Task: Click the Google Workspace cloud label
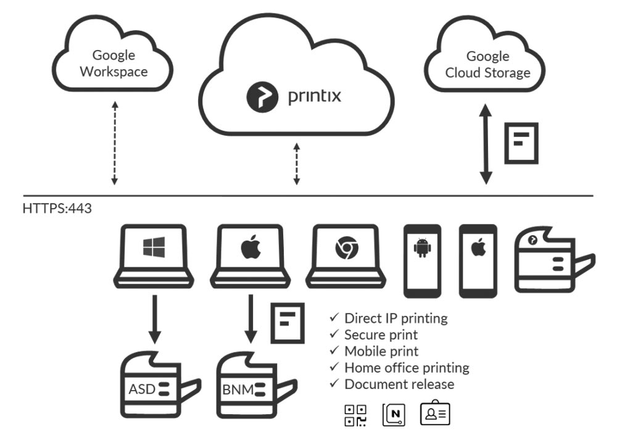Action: click(114, 63)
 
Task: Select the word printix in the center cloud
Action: click(315, 97)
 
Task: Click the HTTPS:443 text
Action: click(57, 209)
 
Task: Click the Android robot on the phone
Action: click(422, 249)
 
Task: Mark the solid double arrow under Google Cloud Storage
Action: click(486, 144)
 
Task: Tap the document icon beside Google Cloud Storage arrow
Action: click(522, 143)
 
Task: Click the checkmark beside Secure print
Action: click(334, 335)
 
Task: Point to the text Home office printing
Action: click(407, 368)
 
